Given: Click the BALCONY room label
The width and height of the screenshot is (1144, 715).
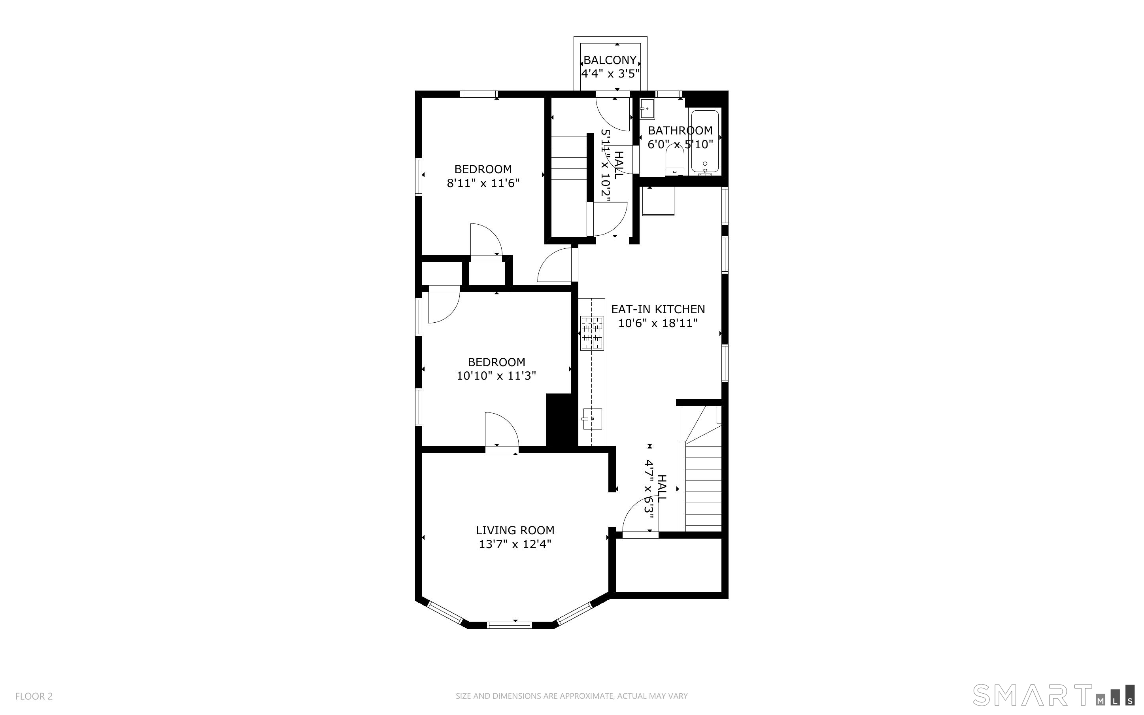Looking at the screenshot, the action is [x=610, y=60].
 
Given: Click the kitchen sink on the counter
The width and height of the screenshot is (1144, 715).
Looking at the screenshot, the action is [x=592, y=418].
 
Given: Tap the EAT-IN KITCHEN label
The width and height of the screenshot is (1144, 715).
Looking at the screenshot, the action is [x=658, y=309].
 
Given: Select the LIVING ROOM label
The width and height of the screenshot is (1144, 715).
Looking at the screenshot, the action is [x=515, y=530].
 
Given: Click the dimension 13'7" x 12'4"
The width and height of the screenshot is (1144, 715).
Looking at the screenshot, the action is [x=515, y=544].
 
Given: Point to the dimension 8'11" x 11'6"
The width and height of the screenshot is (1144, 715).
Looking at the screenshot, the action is [x=483, y=183].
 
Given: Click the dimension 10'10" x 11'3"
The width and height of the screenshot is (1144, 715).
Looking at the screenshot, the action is [x=496, y=376].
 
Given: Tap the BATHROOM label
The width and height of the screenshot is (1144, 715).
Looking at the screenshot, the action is [x=680, y=131].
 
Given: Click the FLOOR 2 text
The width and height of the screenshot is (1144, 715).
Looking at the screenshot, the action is [x=34, y=696].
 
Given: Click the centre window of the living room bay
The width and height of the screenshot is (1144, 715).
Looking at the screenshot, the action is [x=510, y=625].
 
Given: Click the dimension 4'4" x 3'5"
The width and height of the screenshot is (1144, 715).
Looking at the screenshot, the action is [x=610, y=74].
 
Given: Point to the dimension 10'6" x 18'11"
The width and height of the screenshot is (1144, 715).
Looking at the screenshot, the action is [x=658, y=323].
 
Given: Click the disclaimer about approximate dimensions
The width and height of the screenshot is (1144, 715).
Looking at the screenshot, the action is [x=572, y=696].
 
